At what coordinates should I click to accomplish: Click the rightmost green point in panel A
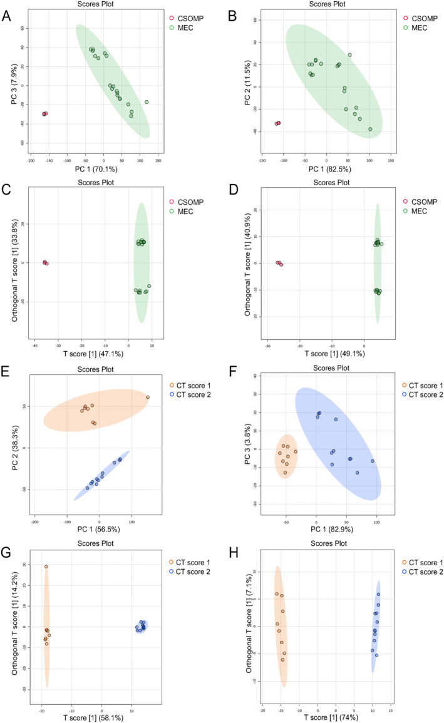click(147, 102)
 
